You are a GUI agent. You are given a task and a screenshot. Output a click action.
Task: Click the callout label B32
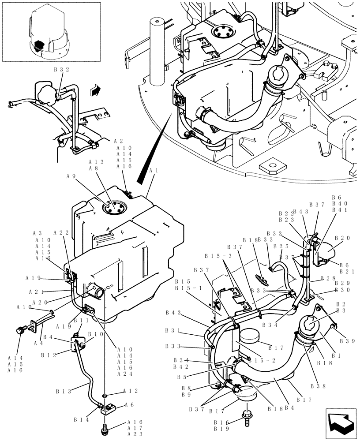pos(61,69)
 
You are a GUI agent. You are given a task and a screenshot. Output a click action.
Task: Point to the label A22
pos(61,233)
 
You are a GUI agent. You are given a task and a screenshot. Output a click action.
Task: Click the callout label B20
pos(342,238)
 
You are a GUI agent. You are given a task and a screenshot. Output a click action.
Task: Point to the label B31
pos(173,330)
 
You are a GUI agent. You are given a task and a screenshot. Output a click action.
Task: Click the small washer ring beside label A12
pos(105,393)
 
